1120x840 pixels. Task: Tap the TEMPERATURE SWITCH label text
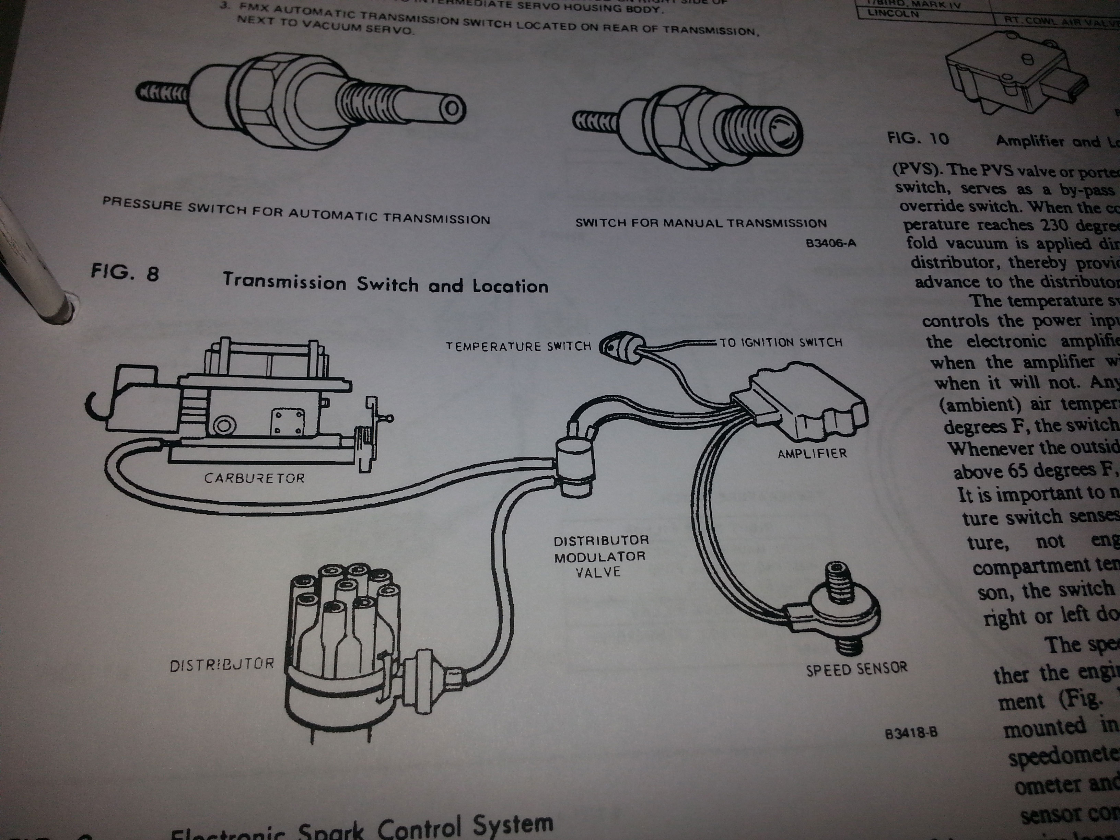[518, 346]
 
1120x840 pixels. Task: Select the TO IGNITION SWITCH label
[781, 343]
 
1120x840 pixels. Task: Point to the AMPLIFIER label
[812, 453]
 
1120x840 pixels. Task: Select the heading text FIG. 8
[125, 273]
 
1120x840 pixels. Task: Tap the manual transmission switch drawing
[689, 127]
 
